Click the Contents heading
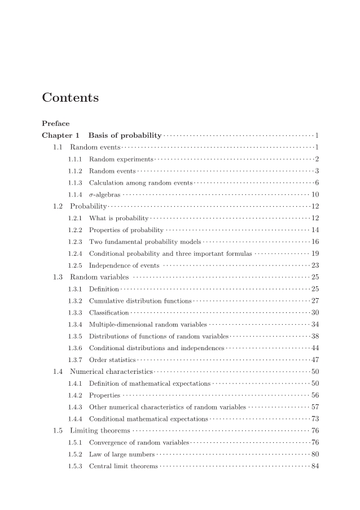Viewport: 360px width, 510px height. click(70, 98)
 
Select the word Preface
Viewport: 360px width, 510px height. click(56, 123)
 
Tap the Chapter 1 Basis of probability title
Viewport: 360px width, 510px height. click(102, 135)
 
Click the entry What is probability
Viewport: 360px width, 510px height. click(118, 218)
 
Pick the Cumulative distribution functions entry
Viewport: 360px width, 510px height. click(140, 300)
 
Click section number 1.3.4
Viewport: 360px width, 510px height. click(75, 324)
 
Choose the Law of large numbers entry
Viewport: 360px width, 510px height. click(121, 454)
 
